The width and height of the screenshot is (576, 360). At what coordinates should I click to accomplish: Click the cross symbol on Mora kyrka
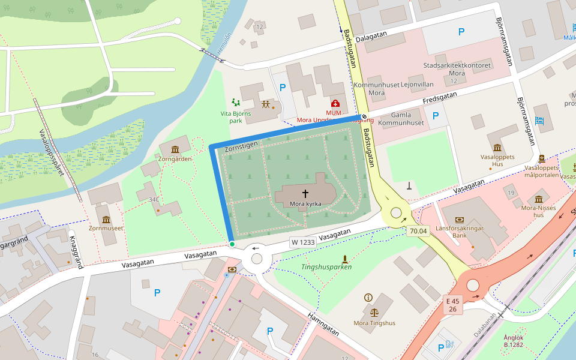(305, 193)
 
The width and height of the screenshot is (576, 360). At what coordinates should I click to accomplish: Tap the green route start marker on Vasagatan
(232, 244)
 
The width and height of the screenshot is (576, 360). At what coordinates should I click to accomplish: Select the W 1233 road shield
(303, 242)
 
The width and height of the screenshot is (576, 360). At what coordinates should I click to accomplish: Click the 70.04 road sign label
(418, 231)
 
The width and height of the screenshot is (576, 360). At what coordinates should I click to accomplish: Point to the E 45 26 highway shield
(452, 305)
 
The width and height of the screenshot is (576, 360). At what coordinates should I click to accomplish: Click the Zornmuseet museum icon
(106, 219)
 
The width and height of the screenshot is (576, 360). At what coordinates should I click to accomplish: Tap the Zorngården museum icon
(175, 149)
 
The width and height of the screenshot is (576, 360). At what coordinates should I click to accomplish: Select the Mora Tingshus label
(374, 323)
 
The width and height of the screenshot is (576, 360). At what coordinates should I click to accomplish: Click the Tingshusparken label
(326, 267)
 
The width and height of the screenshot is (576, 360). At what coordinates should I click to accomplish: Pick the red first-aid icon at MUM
(335, 103)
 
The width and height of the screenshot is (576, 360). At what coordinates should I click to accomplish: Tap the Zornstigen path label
(241, 146)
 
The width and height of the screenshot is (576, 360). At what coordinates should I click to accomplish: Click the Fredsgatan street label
(440, 97)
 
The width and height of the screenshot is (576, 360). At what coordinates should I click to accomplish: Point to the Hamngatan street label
(322, 325)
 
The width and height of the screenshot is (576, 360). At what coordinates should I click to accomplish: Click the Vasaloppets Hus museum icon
(497, 148)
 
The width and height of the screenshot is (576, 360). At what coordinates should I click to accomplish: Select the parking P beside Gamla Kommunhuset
(436, 115)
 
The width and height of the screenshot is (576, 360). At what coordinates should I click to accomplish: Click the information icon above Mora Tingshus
(368, 298)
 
